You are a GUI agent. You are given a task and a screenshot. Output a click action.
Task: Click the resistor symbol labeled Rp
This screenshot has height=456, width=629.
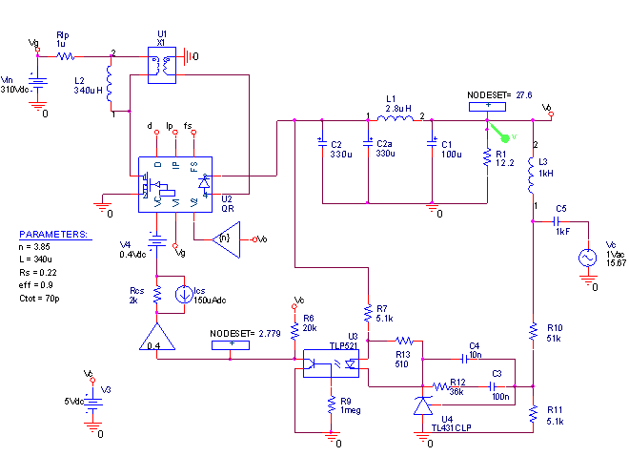[x=65, y=56]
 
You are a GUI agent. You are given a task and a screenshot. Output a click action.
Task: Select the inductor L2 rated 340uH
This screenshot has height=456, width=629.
[x=110, y=87]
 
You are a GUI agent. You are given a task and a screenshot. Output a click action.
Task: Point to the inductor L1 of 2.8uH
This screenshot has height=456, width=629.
[x=394, y=120]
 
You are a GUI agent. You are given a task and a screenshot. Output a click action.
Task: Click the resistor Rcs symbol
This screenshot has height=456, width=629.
[x=158, y=296]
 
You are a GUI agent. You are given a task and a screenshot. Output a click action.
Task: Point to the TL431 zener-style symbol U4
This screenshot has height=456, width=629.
[x=423, y=406]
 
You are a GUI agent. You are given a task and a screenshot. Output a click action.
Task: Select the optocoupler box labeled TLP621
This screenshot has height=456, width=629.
[x=331, y=364]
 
